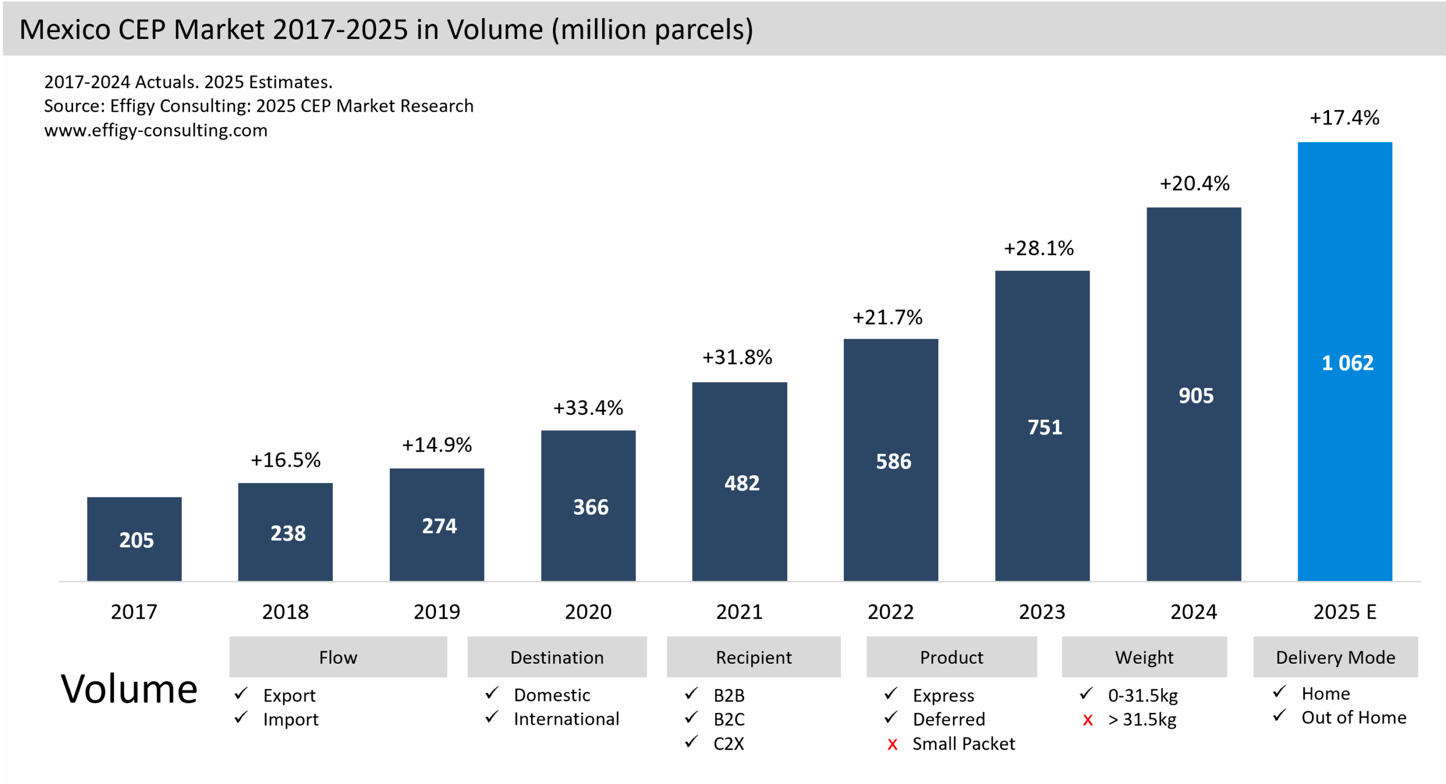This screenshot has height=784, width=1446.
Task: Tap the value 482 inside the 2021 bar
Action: coord(742,483)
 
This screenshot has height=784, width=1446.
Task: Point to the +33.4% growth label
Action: coord(588,408)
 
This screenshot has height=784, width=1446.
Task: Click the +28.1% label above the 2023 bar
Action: coord(1038,248)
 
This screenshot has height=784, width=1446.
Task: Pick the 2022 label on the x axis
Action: coord(890,612)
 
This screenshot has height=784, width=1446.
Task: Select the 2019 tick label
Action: coord(437,612)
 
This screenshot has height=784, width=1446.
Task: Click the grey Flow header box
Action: coord(338,657)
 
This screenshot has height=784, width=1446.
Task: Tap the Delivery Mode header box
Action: coord(1335,657)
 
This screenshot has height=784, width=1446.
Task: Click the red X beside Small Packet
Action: coord(892,744)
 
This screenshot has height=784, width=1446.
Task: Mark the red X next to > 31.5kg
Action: coord(1087,720)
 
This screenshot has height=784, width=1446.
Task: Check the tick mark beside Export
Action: coord(241,693)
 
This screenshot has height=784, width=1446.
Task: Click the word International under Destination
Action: coord(566,719)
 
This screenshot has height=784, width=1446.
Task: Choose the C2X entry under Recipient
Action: coord(729,743)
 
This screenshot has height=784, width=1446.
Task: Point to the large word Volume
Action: coord(129,689)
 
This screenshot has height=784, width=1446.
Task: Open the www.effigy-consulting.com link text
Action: coord(156,130)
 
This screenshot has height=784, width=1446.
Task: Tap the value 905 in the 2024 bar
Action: coord(1196,396)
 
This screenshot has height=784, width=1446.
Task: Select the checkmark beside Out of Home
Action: coord(1279,716)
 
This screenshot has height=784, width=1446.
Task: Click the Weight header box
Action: coord(1144,657)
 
